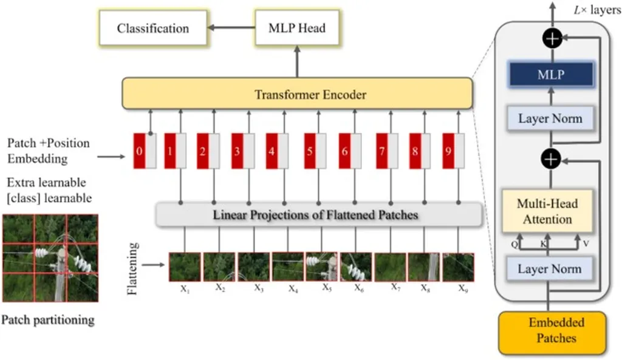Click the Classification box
152,29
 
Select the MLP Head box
296,29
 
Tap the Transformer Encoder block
297,94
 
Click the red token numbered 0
140,151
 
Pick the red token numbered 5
310,151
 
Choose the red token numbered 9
448,151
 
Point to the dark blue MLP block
550,75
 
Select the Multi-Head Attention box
547,211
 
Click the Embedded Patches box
552,330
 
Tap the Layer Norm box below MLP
550,118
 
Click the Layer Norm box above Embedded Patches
550,268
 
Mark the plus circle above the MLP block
552,39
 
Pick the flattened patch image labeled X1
185,267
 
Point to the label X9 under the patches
463,288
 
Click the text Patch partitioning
48,320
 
